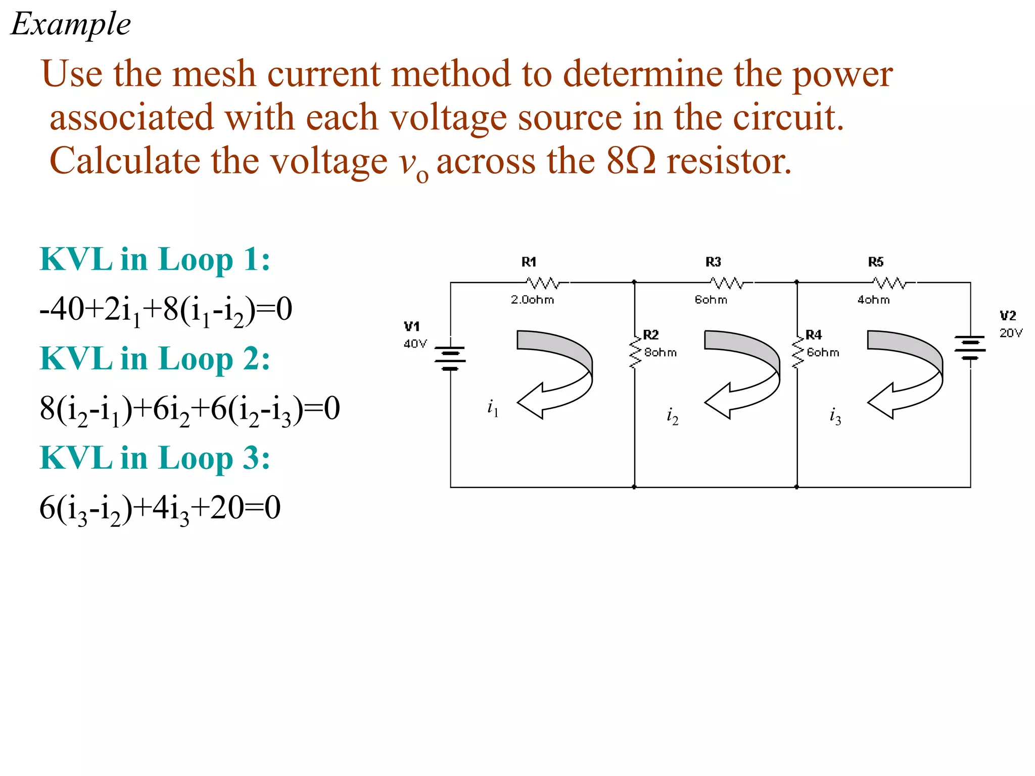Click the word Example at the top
point(71,24)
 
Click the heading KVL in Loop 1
point(155,260)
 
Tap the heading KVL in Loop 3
point(155,458)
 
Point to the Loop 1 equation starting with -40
point(166,310)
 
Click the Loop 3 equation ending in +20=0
point(160,508)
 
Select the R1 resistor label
point(529,262)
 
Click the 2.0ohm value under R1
point(532,300)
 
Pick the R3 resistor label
point(713,262)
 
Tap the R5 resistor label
point(876,262)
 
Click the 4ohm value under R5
point(873,300)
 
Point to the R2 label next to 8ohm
point(651,334)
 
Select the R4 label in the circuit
point(814,334)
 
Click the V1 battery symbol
point(450,358)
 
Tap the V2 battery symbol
point(970,348)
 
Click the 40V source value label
point(415,344)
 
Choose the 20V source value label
point(1011,333)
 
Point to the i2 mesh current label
point(672,416)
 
